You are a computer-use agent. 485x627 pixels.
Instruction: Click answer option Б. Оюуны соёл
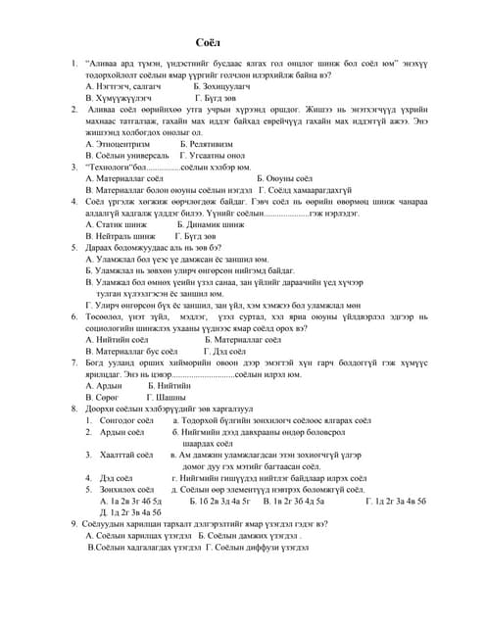284,178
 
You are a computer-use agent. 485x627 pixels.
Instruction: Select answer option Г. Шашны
166,397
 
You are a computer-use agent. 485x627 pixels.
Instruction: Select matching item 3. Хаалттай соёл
122,455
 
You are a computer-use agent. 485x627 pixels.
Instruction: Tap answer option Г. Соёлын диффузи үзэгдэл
239,547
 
